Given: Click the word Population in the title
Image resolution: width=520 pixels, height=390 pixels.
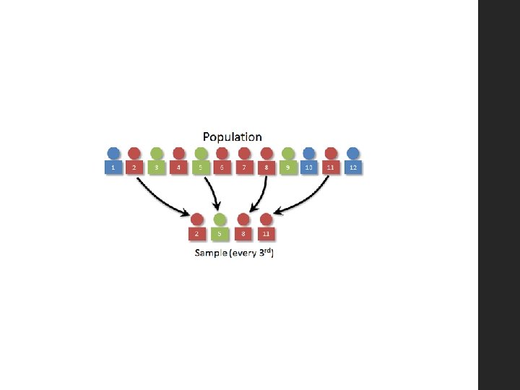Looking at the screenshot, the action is tap(232, 136).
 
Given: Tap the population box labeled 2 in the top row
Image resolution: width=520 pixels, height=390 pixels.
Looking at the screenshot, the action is tap(134, 168).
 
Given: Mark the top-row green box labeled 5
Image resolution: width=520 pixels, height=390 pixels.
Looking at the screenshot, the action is tap(201, 168).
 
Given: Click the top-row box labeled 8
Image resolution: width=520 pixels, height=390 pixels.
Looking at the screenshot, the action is tap(266, 168).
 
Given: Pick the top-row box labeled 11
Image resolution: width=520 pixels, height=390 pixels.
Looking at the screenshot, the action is tap(331, 168).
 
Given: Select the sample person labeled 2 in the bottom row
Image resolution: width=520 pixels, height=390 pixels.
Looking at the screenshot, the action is tap(197, 227).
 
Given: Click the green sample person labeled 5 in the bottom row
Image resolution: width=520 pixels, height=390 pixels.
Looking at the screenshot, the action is tap(220, 227).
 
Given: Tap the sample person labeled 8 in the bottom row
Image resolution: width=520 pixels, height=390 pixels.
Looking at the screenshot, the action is tap(243, 227).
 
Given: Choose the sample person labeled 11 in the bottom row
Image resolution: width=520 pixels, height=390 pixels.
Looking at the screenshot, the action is tap(266, 227).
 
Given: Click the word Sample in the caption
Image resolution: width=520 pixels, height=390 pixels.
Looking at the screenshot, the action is tap(210, 253).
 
